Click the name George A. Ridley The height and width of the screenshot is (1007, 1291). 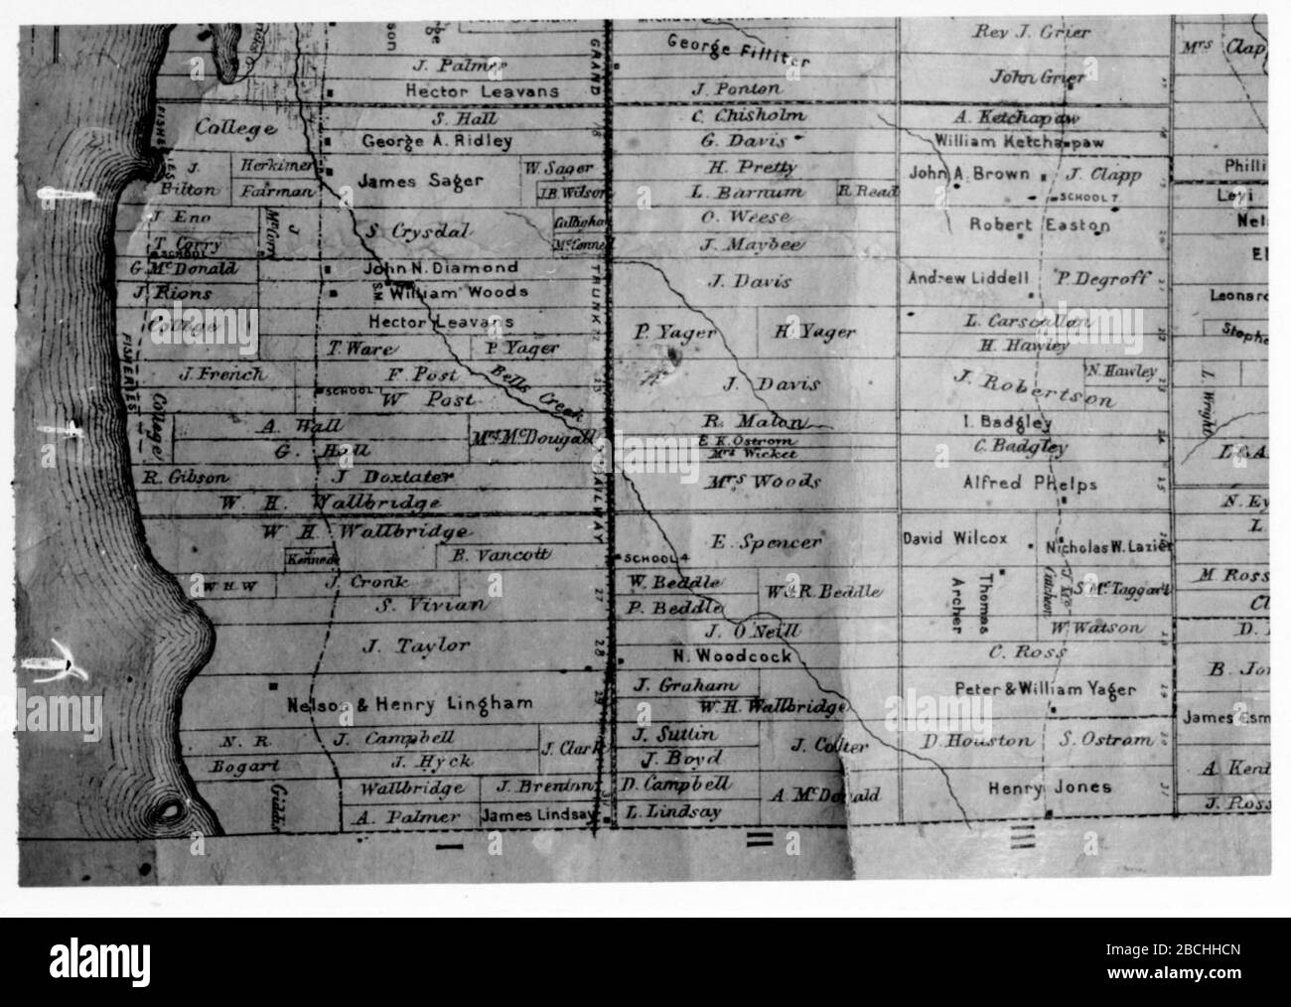point(437,141)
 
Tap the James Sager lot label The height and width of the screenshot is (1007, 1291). point(421,181)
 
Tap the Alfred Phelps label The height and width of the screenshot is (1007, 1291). point(1031,484)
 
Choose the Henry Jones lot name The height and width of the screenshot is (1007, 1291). point(1050,788)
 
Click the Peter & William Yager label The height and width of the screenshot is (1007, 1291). point(1046,688)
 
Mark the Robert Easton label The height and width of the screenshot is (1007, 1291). point(1040,225)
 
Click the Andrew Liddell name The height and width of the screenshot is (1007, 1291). point(968,279)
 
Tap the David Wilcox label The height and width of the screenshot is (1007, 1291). point(954,539)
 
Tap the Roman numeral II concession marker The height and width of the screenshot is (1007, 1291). point(760,839)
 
